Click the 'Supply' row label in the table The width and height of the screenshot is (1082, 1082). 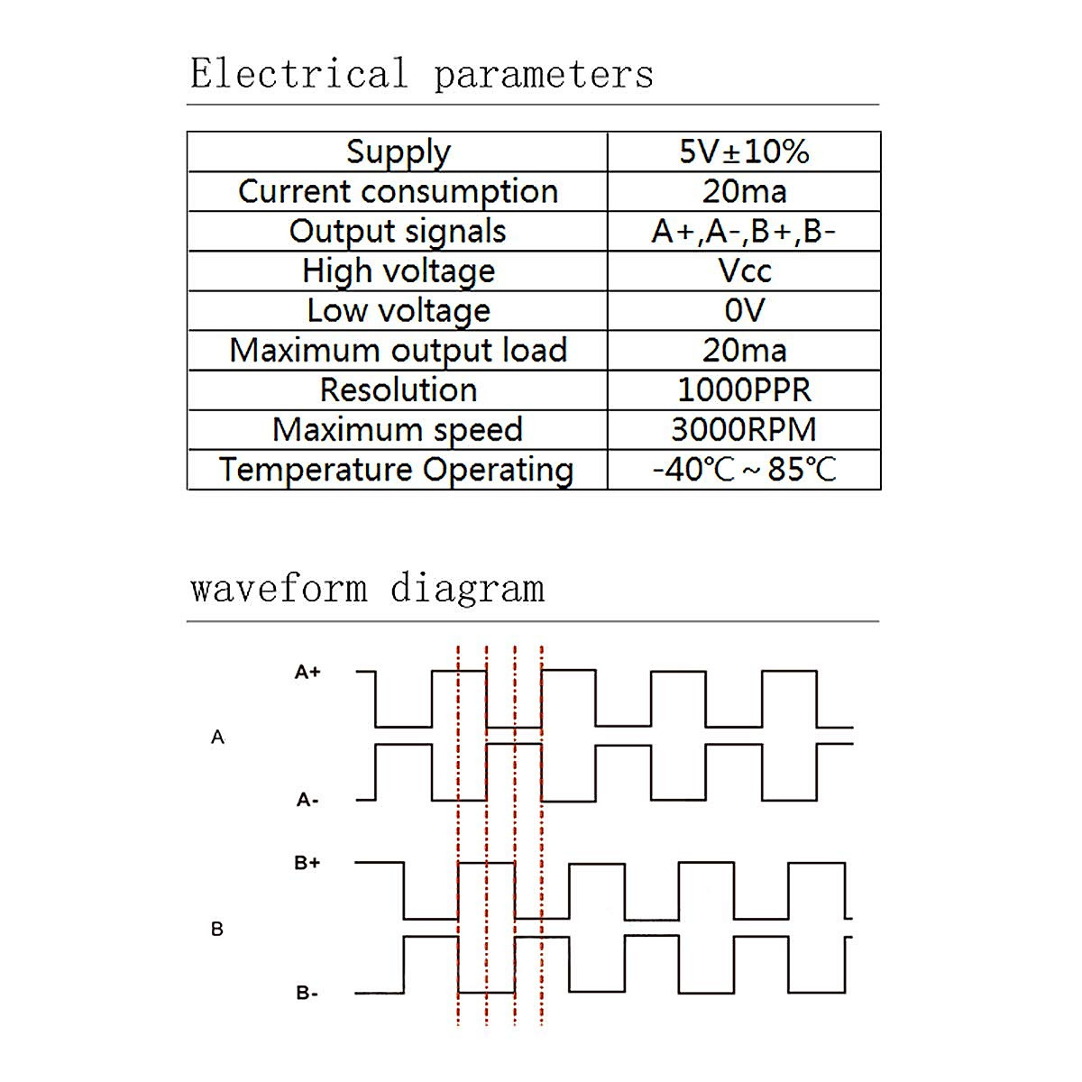pyautogui.click(x=398, y=152)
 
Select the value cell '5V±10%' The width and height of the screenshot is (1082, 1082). pyautogui.click(x=744, y=151)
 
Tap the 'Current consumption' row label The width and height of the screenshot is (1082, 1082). pyautogui.click(x=398, y=192)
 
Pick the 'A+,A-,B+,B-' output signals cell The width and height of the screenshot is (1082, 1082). pyautogui.click(x=744, y=232)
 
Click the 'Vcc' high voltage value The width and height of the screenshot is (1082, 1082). pyautogui.click(x=744, y=270)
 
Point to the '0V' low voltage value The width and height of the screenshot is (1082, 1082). pyautogui.click(x=744, y=310)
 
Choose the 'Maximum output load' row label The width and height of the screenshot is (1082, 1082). pyautogui.click(x=398, y=350)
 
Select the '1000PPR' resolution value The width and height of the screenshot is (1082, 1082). pyautogui.click(x=744, y=390)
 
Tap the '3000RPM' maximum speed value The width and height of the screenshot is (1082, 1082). pyautogui.click(x=744, y=429)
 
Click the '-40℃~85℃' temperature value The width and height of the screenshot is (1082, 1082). pyautogui.click(x=744, y=470)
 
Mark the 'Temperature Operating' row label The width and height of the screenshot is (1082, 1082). pyautogui.click(x=397, y=470)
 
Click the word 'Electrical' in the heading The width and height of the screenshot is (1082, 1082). pyautogui.click(x=298, y=74)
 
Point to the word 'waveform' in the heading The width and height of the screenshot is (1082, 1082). pyautogui.click(x=279, y=589)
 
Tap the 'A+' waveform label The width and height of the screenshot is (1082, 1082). pyautogui.click(x=307, y=673)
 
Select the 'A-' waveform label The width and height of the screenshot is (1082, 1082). pyautogui.click(x=307, y=800)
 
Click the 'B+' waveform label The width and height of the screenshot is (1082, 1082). pyautogui.click(x=307, y=863)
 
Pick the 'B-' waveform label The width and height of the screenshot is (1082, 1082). pyautogui.click(x=307, y=994)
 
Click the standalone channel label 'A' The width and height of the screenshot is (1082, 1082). pyautogui.click(x=217, y=738)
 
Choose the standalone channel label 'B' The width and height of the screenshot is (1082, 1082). pyautogui.click(x=217, y=929)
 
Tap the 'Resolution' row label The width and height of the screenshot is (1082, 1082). pyautogui.click(x=398, y=390)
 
